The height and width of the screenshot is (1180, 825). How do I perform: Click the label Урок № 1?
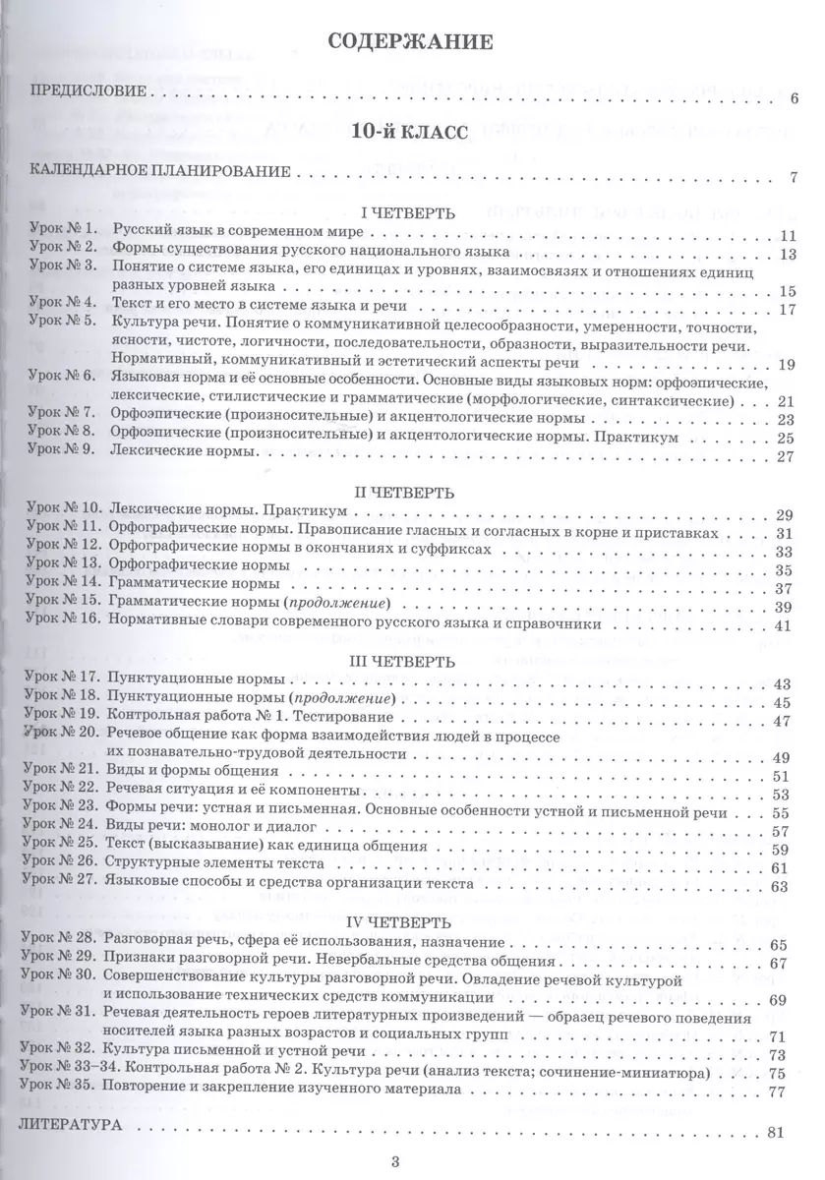coord(62,233)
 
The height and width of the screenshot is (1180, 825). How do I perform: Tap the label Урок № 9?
coord(62,455)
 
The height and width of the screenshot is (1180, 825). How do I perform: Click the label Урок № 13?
coord(65,567)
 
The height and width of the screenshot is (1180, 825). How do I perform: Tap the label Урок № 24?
coord(65,830)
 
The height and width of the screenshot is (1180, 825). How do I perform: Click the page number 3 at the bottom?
coord(395,1161)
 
